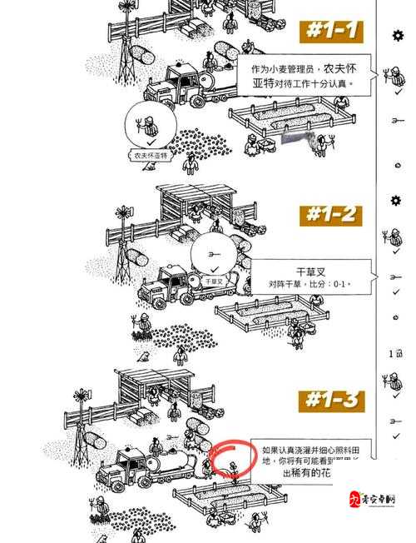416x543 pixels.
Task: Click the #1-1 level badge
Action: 331,32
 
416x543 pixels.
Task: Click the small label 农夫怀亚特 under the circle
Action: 151,155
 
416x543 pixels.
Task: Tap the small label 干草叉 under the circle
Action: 214,281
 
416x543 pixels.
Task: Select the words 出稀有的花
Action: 307,473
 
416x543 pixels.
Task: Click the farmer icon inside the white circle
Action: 149,126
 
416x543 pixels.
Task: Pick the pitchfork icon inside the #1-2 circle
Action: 214,252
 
